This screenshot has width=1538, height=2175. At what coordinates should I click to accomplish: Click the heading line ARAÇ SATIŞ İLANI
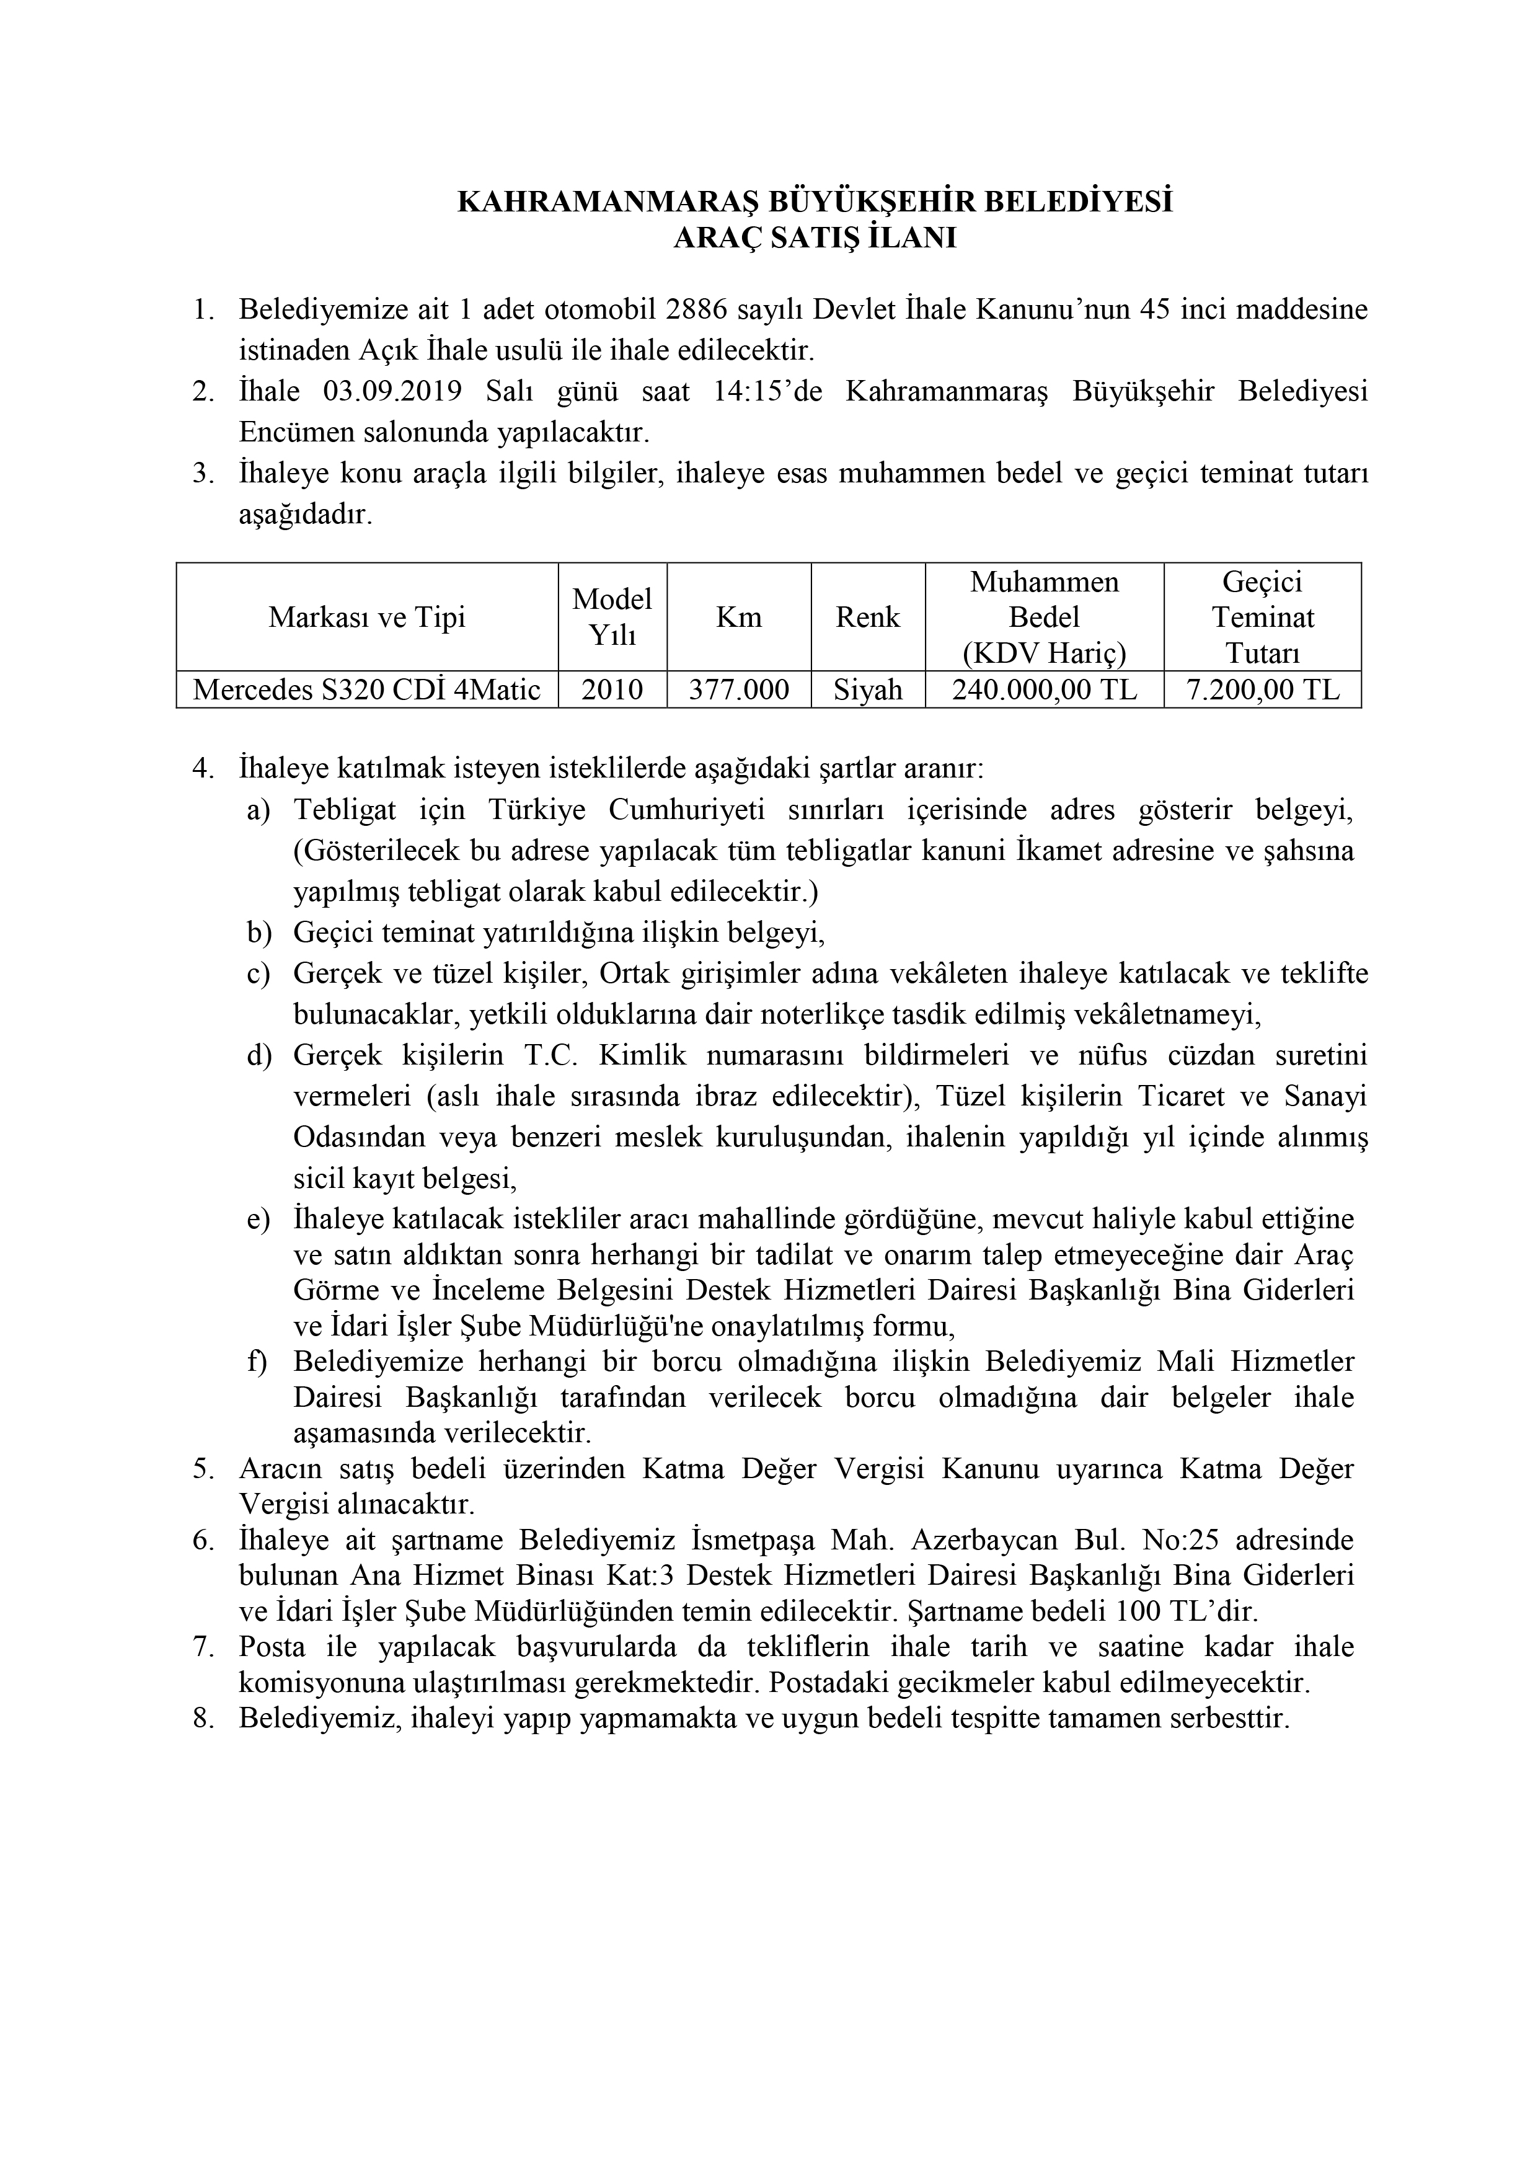pyautogui.click(x=815, y=237)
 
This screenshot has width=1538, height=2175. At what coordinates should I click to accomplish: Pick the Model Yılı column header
pyautogui.click(x=612, y=617)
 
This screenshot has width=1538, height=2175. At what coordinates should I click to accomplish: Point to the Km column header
pyautogui.click(x=739, y=618)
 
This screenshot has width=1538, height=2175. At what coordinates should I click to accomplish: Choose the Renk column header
pyautogui.click(x=867, y=618)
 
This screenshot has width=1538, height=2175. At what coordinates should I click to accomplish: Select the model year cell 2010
pyautogui.click(x=612, y=689)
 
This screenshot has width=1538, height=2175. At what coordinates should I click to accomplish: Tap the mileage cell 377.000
pyautogui.click(x=739, y=689)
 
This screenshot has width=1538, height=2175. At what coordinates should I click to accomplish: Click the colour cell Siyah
pyautogui.click(x=867, y=689)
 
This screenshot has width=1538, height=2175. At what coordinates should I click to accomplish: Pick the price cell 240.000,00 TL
pyautogui.click(x=1045, y=689)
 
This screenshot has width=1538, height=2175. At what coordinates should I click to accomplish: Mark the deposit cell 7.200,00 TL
pyautogui.click(x=1262, y=689)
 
